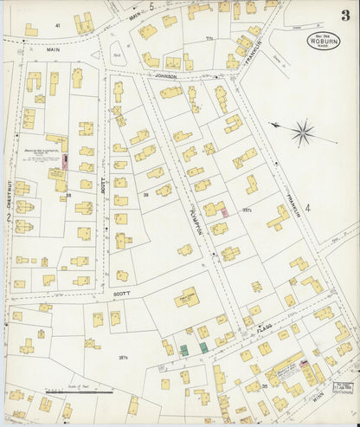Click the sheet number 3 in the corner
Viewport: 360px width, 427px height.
[x=345, y=15]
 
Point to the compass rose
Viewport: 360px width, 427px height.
[x=303, y=133]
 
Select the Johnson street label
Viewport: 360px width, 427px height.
[x=164, y=76]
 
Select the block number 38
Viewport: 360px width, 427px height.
[x=67, y=196]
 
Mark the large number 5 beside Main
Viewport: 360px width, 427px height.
[x=151, y=7]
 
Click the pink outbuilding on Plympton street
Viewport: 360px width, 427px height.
[x=224, y=211]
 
